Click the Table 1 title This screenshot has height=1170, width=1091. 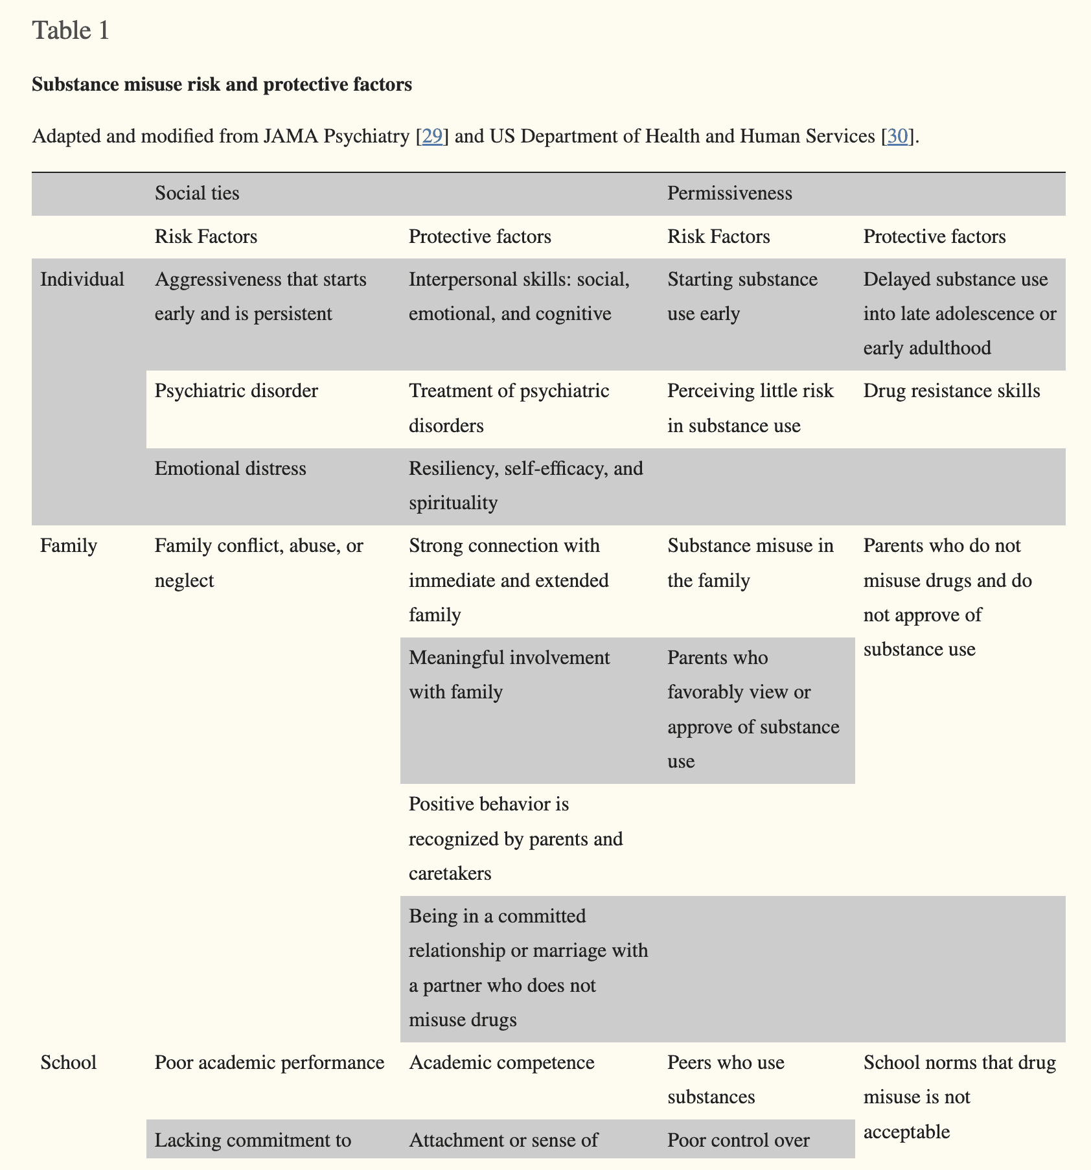coord(71,30)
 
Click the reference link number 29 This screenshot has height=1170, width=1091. coord(432,136)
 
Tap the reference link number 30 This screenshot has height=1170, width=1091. coord(897,136)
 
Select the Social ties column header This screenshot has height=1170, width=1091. coord(197,193)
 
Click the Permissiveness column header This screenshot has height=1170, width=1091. coord(729,193)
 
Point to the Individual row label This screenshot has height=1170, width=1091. coord(82,279)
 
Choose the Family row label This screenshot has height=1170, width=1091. coord(69,545)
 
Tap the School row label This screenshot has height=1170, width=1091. coord(69,1062)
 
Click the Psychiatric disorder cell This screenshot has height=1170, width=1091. coord(236,391)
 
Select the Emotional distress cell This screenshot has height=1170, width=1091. coord(230,468)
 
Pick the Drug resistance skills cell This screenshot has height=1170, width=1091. coord(952,391)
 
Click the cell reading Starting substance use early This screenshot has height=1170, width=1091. coord(742,297)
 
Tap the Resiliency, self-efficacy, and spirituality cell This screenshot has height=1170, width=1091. coord(525,485)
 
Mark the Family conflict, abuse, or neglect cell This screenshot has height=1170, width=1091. coord(259,563)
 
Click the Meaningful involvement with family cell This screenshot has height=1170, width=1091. coord(509,675)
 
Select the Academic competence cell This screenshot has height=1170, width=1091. coord(501,1062)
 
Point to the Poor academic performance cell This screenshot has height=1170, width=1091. coord(270,1062)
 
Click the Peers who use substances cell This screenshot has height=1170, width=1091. coord(726,1079)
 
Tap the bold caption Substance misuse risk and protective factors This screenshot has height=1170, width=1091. coord(222,84)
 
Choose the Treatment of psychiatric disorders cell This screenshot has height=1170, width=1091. coord(509,408)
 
